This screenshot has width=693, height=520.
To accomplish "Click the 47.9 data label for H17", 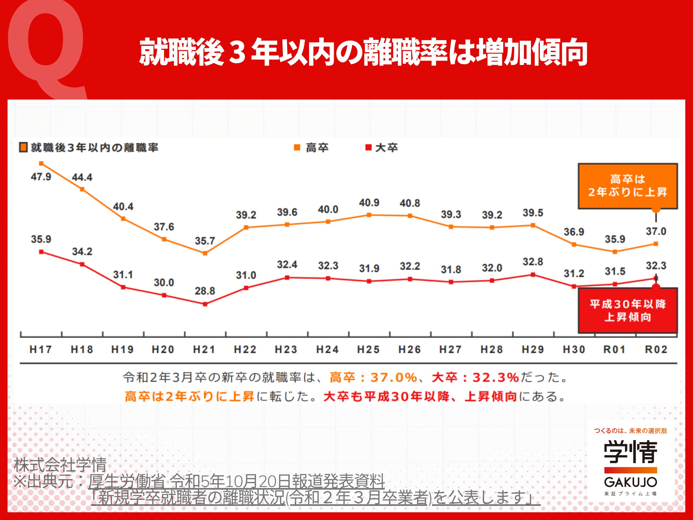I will (x=41, y=177).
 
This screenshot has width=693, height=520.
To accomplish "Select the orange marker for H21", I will (x=205, y=253).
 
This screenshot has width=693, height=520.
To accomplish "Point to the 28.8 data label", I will (x=205, y=291).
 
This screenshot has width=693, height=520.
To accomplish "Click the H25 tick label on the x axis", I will (x=368, y=349).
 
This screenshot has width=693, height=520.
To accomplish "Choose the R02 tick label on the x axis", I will (x=656, y=349).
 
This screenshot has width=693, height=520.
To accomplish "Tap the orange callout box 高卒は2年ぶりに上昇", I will (x=627, y=186).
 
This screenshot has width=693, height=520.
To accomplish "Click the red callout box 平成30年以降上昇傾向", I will (x=627, y=310).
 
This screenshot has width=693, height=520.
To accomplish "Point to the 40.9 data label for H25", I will (x=369, y=203).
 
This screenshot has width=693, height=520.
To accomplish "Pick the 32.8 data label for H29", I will (x=532, y=262).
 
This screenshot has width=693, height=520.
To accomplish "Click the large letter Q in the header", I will (x=47, y=47).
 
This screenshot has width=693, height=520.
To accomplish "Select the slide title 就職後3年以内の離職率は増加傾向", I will (x=363, y=52).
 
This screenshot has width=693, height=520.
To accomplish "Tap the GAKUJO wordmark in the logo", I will (x=630, y=482).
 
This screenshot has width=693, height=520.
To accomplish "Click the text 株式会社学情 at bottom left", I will (x=60, y=465).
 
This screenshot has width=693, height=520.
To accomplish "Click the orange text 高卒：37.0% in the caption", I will (x=373, y=377).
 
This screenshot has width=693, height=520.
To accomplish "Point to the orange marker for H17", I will (x=41, y=163).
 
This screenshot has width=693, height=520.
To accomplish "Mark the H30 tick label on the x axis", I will (x=574, y=349).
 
